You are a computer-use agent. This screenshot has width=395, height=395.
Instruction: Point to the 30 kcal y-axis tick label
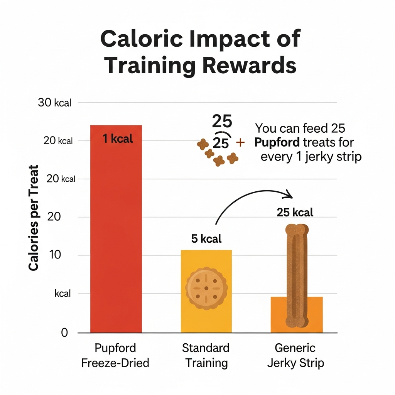tap(54, 103)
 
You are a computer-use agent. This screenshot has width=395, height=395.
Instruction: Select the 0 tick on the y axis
tap(64, 333)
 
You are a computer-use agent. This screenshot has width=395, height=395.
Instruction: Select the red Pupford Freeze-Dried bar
tap(116, 231)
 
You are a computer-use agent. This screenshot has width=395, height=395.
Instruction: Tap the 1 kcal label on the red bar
tap(118, 138)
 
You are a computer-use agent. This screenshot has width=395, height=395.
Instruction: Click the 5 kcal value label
tap(206, 239)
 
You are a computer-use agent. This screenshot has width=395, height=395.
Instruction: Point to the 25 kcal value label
tap(295, 212)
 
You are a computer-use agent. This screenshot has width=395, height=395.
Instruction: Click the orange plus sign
tap(240, 143)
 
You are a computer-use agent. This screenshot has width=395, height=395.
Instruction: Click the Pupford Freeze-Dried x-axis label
tap(115, 355)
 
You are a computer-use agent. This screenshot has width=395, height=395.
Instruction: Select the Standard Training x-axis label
tap(206, 355)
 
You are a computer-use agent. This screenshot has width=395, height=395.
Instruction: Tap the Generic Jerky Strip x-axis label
tap(295, 355)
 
